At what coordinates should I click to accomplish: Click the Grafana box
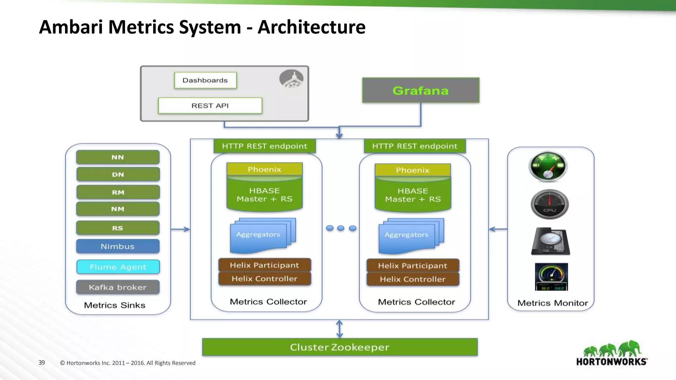click(x=421, y=90)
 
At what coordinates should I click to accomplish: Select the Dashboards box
click(x=205, y=80)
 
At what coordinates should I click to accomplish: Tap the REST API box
click(x=210, y=106)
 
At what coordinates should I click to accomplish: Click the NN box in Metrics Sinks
click(x=118, y=157)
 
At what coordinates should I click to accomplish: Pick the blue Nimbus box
click(x=118, y=246)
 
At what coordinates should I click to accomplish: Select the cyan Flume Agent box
click(x=118, y=267)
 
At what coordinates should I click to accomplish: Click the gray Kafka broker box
click(x=118, y=287)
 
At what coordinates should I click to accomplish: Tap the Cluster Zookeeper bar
click(x=340, y=347)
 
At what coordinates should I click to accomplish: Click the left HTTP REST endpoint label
click(x=264, y=146)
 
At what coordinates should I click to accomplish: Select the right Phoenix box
click(x=413, y=170)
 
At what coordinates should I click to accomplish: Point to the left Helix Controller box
click(x=264, y=279)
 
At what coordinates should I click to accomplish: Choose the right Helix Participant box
click(x=413, y=266)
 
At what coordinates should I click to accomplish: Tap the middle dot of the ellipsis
click(x=341, y=228)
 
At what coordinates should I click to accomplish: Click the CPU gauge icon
click(x=550, y=205)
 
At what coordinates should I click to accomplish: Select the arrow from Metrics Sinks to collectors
click(x=180, y=229)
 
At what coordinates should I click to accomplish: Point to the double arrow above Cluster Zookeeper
click(x=339, y=329)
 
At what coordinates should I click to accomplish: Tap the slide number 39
click(x=42, y=363)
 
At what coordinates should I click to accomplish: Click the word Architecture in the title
click(x=311, y=27)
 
